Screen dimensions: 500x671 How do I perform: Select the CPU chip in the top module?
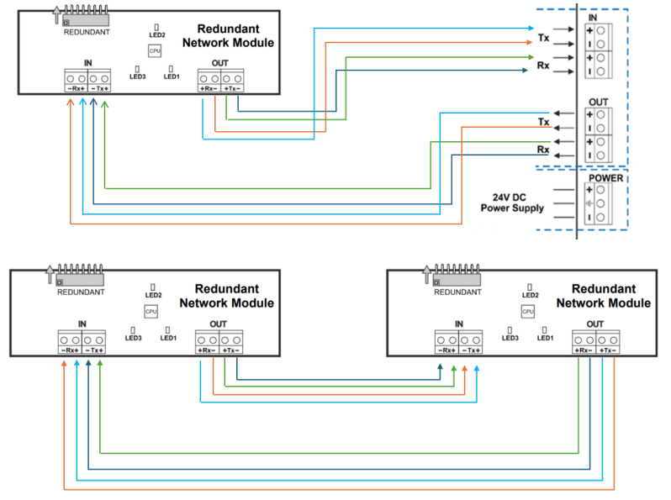pyautogui.click(x=154, y=51)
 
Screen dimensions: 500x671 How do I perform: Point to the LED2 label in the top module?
pyautogui.click(x=156, y=34)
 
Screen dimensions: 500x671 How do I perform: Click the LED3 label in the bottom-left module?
pyautogui.click(x=134, y=338)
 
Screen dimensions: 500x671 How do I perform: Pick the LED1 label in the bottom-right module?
pyautogui.click(x=545, y=338)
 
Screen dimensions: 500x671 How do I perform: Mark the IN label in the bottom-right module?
pyautogui.click(x=458, y=324)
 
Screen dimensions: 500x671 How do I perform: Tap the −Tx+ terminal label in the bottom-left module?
pyautogui.click(x=99, y=350)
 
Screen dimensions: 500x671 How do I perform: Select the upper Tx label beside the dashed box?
pyautogui.click(x=543, y=38)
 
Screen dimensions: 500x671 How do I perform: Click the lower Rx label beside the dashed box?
pyautogui.click(x=543, y=150)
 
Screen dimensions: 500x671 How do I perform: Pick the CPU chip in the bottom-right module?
pyautogui.click(x=527, y=311)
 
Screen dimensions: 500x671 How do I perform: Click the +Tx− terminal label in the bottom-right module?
pyautogui.click(x=606, y=350)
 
